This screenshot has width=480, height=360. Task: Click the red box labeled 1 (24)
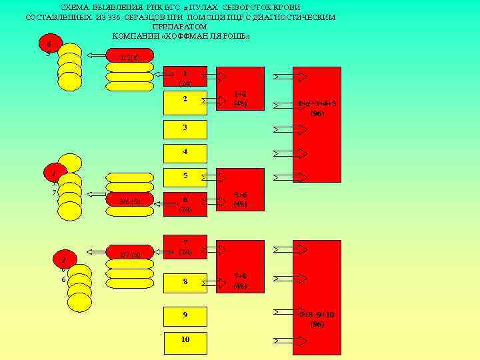click(185, 76)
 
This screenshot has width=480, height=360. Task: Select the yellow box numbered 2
click(185, 102)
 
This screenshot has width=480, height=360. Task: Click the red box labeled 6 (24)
click(185, 203)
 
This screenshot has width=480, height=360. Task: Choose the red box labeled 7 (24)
click(185, 247)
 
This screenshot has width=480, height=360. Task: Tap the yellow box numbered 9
click(185, 314)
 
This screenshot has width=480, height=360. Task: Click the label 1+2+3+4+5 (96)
click(317, 108)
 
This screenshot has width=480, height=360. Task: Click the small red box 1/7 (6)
click(129, 255)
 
